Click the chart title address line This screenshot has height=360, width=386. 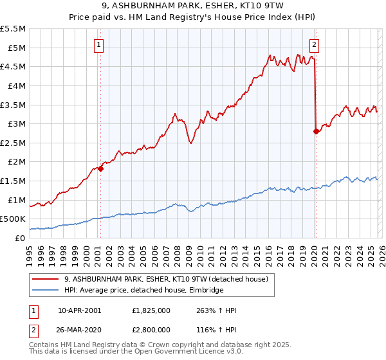pos(192,6)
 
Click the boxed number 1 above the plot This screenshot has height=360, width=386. pos(99,44)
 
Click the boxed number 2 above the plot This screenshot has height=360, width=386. pos(314,44)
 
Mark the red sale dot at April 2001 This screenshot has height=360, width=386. pos(101,168)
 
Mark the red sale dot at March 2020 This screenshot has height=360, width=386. pos(316,131)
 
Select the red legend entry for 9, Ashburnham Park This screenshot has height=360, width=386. pos(170,279)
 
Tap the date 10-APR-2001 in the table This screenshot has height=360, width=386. pos(80,310)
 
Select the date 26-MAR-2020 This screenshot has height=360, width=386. pos(80,328)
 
